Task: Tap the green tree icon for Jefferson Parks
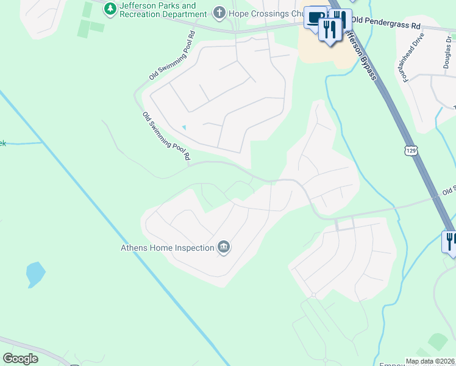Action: point(110,9)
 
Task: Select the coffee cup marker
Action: point(315,18)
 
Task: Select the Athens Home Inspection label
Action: point(166,248)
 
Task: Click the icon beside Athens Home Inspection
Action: point(224,247)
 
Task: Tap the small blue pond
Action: point(35,274)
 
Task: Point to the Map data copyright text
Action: point(430,361)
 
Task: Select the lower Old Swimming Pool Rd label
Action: point(166,136)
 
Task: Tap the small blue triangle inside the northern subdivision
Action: point(184,127)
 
